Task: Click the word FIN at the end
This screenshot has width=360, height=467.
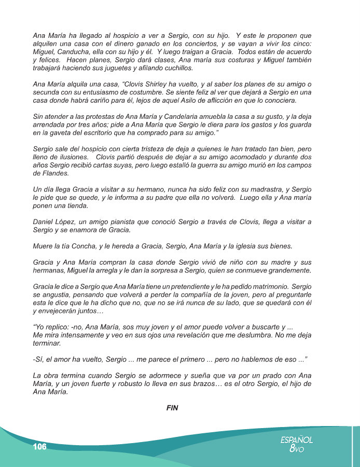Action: (x=172, y=408)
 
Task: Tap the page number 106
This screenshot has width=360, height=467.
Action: (x=39, y=447)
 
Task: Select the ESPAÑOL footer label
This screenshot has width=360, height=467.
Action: (x=297, y=440)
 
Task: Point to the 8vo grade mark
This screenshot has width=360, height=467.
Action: (x=297, y=449)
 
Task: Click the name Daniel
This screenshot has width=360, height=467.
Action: (x=44, y=222)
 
